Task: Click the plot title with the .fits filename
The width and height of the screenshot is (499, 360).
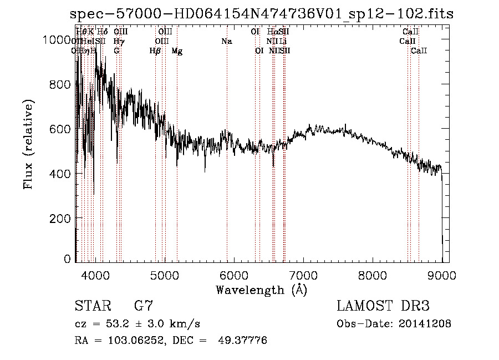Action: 262,14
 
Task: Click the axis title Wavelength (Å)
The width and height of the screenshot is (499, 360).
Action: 261,290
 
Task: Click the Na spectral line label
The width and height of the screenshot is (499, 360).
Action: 226,41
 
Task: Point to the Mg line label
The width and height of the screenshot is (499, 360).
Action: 177,51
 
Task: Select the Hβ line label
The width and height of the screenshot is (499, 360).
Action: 155,51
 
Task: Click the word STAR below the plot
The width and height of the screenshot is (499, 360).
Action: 91,306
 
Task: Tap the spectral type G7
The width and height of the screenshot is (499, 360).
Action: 144,306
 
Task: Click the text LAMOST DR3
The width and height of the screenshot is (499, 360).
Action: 383,306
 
